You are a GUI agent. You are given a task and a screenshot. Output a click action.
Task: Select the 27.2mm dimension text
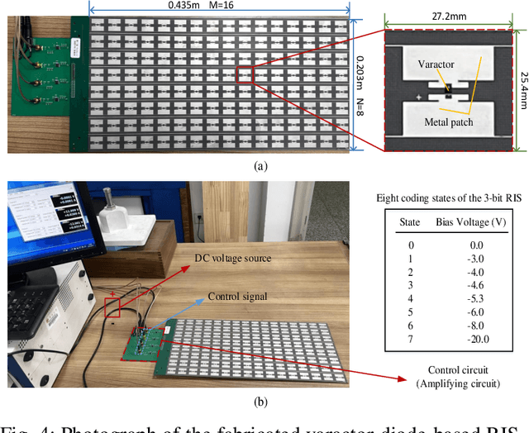click(446, 15)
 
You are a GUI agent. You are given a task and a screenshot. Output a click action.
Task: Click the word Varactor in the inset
click(436, 64)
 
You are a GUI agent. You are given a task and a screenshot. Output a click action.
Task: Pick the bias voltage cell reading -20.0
click(473, 339)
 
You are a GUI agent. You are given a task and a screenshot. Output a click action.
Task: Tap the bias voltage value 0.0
click(473, 244)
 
